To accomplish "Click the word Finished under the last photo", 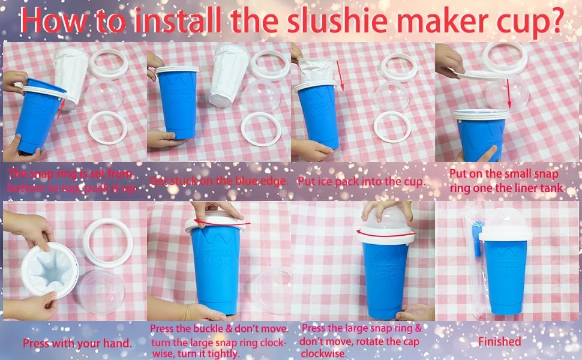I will click(x=499, y=341).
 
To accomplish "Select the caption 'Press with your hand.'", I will click(x=77, y=343).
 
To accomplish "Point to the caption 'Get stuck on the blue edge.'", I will click(x=219, y=180).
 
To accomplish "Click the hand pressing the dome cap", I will click(x=386, y=210).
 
